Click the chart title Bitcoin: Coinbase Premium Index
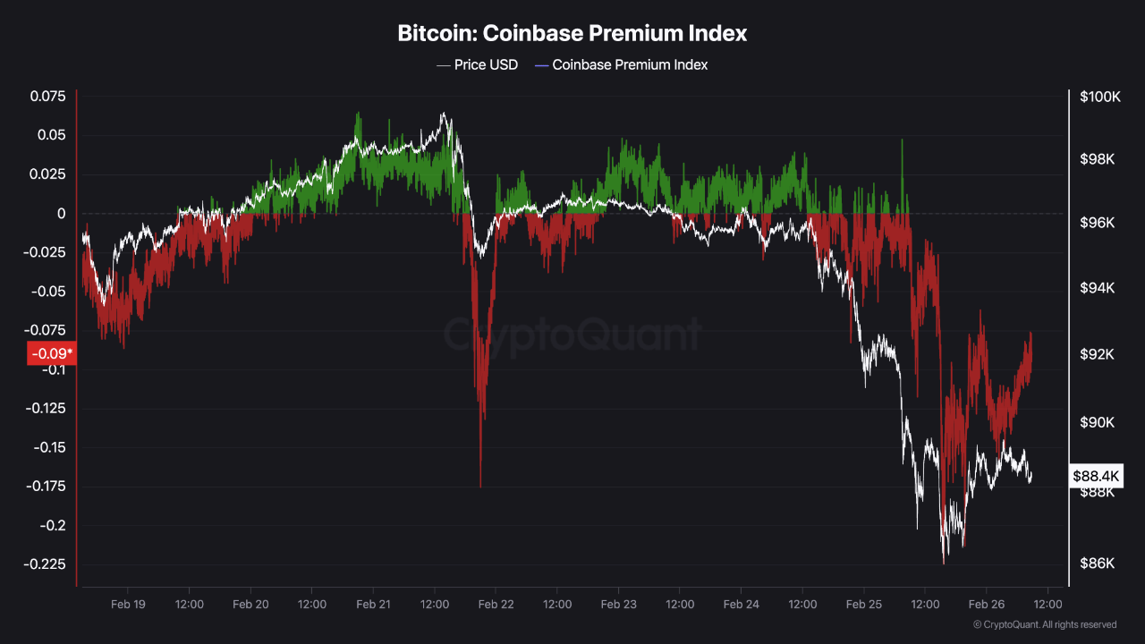coord(572,34)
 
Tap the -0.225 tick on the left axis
coord(47,564)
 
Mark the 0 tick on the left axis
coord(62,214)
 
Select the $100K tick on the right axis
coord(1100,97)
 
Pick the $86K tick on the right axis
coord(1097,563)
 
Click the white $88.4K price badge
coord(1097,477)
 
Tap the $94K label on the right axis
coord(1097,288)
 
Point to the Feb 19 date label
coord(128,605)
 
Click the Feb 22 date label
coord(496,605)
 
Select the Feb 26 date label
coord(987,605)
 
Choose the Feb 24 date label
coord(742,605)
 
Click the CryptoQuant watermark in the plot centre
coord(572,335)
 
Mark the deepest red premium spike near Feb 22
coord(480,486)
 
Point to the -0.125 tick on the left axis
coord(47,409)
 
